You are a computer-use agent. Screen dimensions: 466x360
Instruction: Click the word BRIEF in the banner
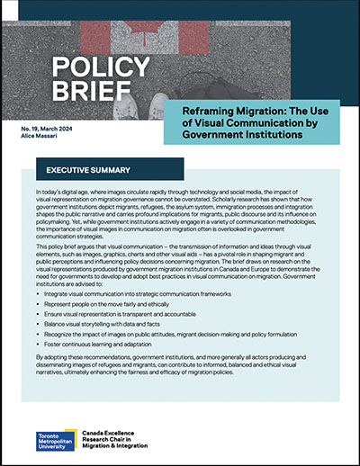coord(86,93)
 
